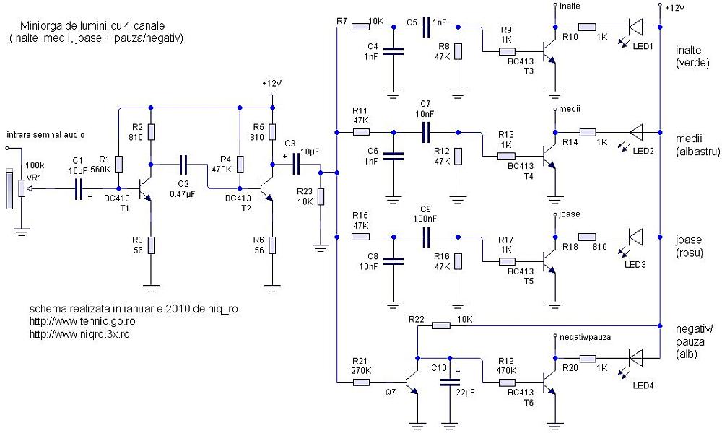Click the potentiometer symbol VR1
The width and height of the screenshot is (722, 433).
[22, 188]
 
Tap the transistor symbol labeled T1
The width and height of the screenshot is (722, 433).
[144, 189]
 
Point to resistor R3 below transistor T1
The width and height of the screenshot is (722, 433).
[151, 245]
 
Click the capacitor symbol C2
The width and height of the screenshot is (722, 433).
[183, 164]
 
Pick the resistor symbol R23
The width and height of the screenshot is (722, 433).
[321, 196]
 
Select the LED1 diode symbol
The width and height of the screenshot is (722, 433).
[636, 27]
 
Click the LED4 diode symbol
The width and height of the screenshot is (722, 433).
[636, 358]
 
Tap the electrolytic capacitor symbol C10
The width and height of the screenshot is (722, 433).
[450, 382]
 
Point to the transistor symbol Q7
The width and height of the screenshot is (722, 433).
[412, 382]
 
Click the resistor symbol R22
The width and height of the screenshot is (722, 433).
[441, 325]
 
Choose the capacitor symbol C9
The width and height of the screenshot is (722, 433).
[426, 237]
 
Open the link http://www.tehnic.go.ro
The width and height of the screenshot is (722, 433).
[82, 321]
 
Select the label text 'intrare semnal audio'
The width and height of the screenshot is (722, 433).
[45, 135]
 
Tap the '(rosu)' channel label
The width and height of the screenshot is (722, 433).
[690, 253]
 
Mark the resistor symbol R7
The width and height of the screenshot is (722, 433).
[360, 27]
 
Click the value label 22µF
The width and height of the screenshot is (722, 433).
[465, 393]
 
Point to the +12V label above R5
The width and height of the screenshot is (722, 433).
[271, 83]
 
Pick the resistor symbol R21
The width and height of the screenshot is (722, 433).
[360, 382]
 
